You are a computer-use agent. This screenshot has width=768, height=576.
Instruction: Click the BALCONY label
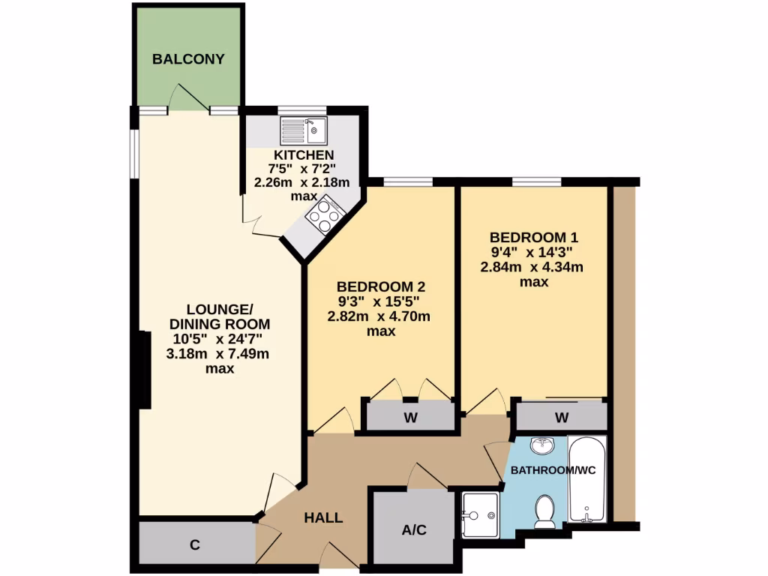[188, 59]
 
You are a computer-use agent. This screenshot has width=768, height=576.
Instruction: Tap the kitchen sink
[304, 130]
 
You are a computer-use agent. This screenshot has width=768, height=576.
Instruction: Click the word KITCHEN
[303, 154]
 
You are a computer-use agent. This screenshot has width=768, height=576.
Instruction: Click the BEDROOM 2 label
[381, 287]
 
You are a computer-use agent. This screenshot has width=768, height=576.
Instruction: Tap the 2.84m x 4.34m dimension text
[532, 267]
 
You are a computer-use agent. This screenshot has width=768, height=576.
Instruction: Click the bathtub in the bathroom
[587, 479]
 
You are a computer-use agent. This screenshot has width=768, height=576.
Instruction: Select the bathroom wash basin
[541, 447]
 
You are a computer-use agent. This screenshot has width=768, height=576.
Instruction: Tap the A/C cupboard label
[413, 530]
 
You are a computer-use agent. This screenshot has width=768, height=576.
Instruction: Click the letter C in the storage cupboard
[194, 545]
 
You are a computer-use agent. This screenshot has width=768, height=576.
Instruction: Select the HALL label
[323, 517]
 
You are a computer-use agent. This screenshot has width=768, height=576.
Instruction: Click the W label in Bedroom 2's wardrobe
[410, 418]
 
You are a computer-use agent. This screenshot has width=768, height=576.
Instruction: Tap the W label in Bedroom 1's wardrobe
[561, 417]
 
